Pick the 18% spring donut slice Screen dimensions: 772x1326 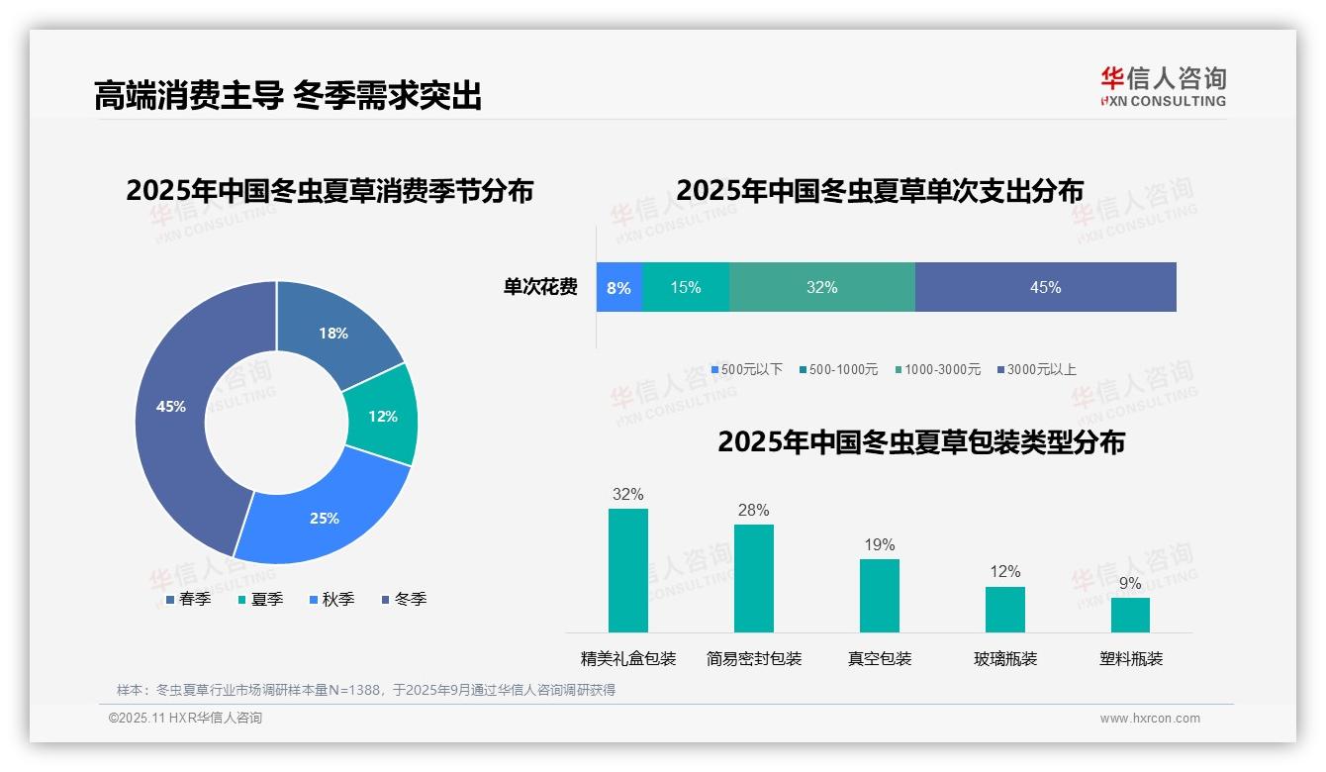pos(333,333)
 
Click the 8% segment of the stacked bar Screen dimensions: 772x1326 pos(619,288)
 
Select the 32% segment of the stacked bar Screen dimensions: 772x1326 pos(821,288)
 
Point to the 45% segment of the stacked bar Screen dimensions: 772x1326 pos(1045,288)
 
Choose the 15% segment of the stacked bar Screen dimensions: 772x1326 pos(686,288)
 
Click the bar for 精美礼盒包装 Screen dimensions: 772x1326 pos(628,570)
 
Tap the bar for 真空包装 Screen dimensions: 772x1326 pos(880,596)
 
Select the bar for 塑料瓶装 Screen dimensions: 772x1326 pos(1130,615)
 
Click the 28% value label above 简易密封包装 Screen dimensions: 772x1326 pos(753,511)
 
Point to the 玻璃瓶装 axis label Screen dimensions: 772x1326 pos(1005,659)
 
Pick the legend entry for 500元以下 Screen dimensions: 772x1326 pos(747,370)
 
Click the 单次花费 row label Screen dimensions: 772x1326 pos(540,288)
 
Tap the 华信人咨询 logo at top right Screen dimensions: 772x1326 pos(1163,86)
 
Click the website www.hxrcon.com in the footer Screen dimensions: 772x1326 pos(1150,719)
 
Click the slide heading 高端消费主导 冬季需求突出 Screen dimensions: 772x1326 pos(287,96)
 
